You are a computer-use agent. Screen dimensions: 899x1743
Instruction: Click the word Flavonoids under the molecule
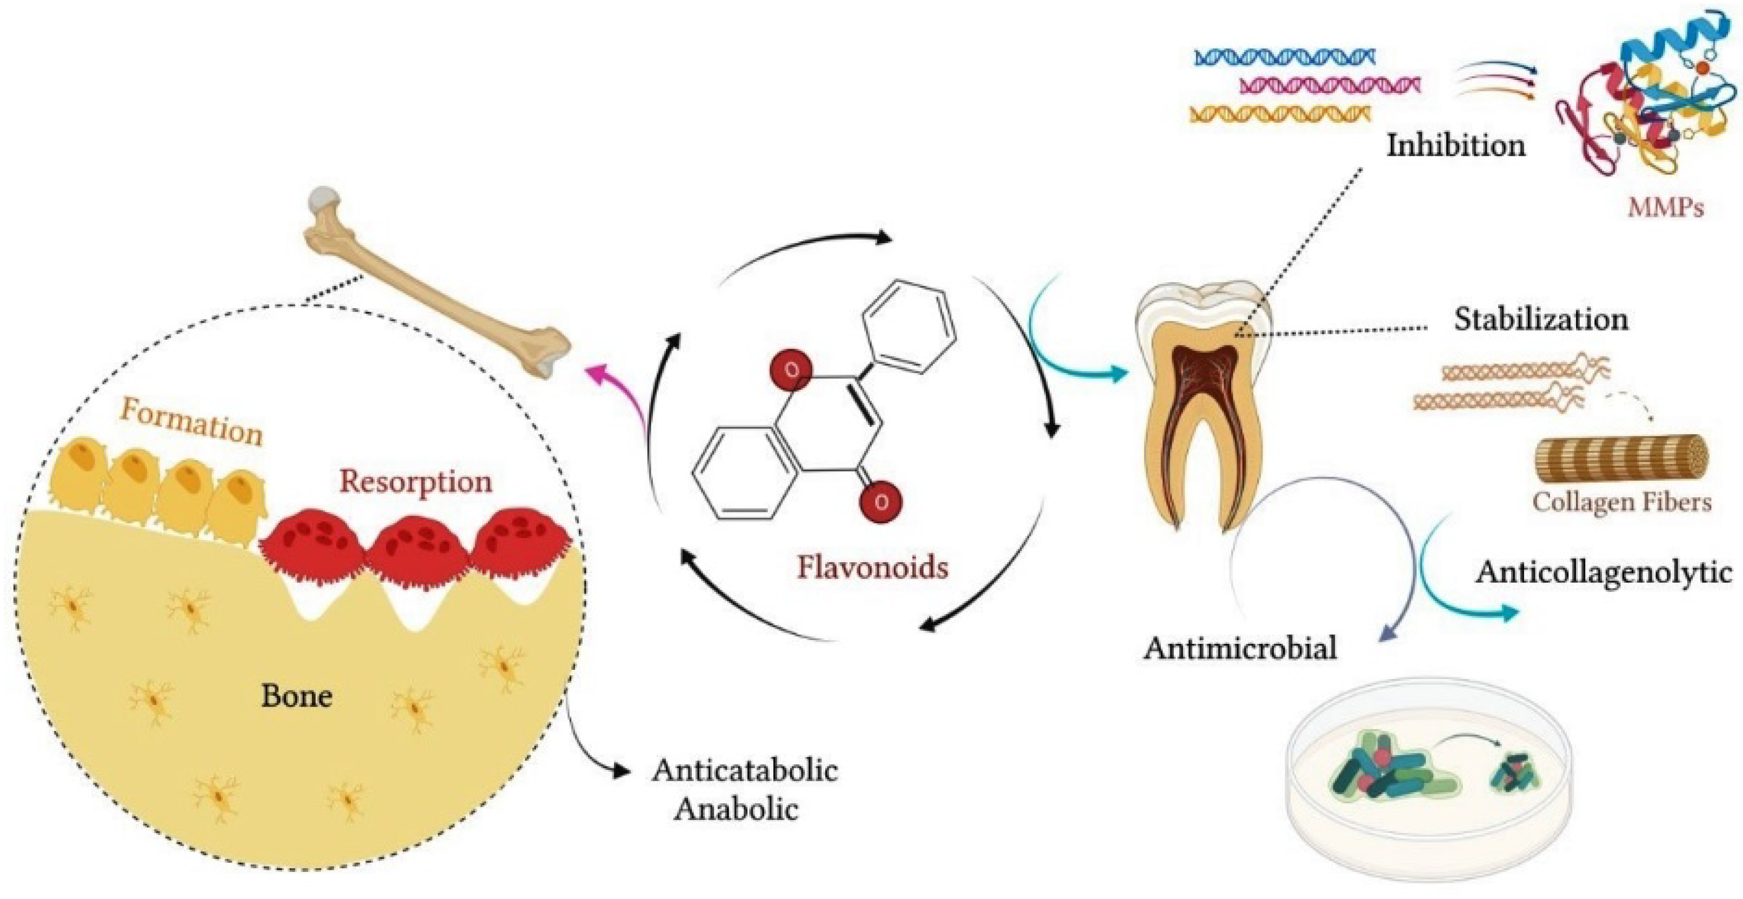pyautogui.click(x=872, y=567)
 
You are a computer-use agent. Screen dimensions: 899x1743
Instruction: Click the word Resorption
pyautogui.click(x=416, y=481)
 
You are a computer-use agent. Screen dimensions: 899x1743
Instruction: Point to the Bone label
pyautogui.click(x=296, y=696)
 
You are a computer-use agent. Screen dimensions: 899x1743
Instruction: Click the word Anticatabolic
pyautogui.click(x=745, y=770)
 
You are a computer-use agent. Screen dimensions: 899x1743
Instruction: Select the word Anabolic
pyautogui.click(x=736, y=809)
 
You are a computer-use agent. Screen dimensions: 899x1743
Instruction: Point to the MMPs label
pyautogui.click(x=1665, y=207)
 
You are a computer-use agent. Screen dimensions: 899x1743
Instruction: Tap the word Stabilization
pyautogui.click(x=1541, y=319)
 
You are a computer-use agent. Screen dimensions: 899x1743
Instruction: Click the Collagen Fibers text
pyautogui.click(x=1622, y=502)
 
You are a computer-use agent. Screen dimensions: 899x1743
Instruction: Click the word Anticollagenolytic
pyautogui.click(x=1604, y=572)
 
